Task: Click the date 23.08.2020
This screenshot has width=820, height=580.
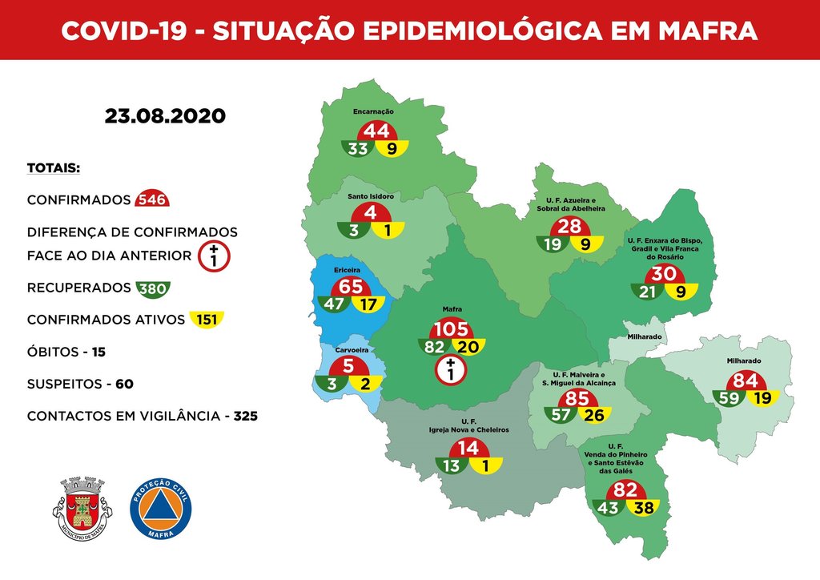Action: [x=165, y=116]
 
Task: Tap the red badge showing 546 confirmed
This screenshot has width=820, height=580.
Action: [x=151, y=199]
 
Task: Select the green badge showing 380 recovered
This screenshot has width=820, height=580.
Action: [x=151, y=288]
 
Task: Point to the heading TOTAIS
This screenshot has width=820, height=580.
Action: [x=54, y=169]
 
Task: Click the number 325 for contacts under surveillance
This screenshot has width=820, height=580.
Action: [x=245, y=417]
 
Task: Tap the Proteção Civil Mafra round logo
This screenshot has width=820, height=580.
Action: [x=161, y=508]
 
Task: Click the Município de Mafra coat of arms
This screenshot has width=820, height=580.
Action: [x=82, y=508]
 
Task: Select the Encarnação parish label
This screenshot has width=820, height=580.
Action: [x=374, y=112]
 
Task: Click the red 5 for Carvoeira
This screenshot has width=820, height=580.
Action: [x=348, y=366]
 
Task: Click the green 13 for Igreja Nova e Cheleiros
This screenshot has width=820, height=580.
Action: [x=450, y=464]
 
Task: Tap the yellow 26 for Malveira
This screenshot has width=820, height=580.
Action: [x=593, y=414]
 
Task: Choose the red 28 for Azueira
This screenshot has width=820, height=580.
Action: [x=569, y=227]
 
